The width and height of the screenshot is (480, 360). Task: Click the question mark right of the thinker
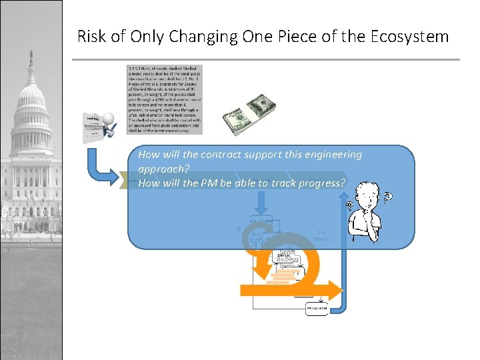pyautogui.click(x=388, y=198)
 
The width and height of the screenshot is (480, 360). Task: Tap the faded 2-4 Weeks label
pyautogui.click(x=321, y=235)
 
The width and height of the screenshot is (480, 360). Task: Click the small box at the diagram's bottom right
pyautogui.click(x=317, y=309)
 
